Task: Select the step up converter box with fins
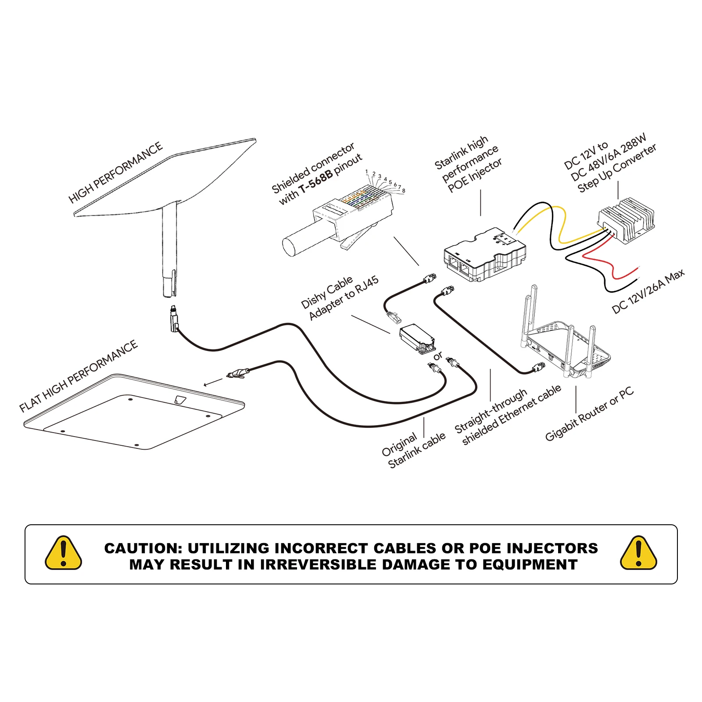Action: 627,219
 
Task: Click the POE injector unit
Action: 485,254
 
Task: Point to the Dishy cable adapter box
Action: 417,338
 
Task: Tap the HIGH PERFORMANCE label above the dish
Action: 115,173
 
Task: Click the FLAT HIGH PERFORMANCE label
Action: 79,376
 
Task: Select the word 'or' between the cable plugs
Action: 437,356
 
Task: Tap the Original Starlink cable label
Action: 413,450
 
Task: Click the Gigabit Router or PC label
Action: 589,414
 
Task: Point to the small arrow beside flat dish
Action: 214,382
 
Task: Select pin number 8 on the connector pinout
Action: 404,191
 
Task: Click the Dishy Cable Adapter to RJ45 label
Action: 340,298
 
